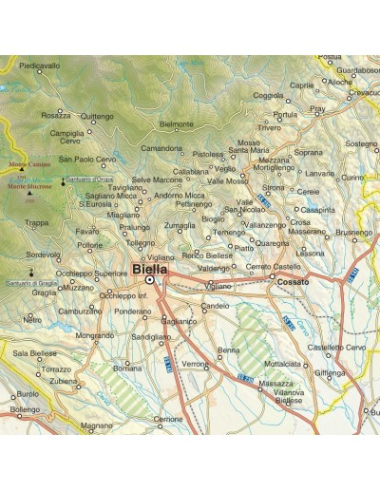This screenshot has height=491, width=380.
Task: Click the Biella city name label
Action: [150, 269]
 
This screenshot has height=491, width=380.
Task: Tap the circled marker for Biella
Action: [150, 280]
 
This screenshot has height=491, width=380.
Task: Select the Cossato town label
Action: [293, 282]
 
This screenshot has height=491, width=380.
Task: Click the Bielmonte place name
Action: [178, 123]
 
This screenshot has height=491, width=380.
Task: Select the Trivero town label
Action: [270, 126]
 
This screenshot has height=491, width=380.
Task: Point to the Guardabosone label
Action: [358, 69]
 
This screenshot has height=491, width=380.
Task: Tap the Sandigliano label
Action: [151, 336]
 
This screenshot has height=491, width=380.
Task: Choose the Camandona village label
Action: [161, 148]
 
